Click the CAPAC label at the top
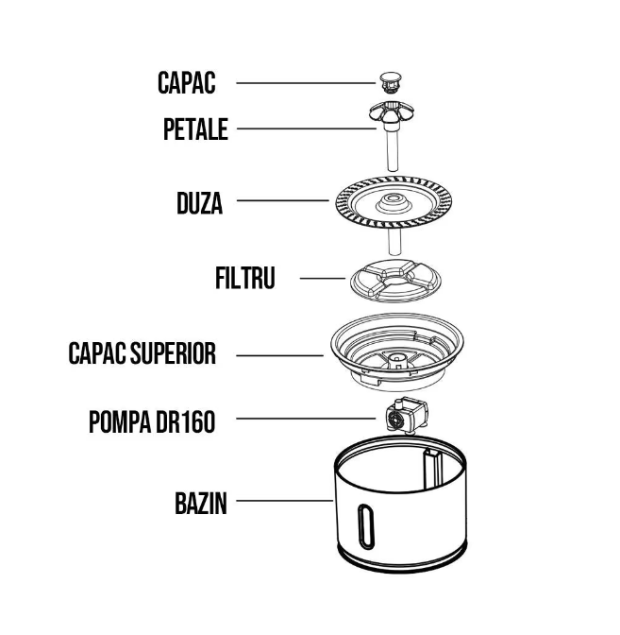tap(187, 83)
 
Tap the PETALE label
tap(195, 129)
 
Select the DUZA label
tap(200, 203)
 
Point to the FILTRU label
tap(245, 278)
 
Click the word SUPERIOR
tap(174, 353)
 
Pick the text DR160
tap(186, 421)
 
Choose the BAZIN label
tap(201, 504)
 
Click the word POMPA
tap(119, 421)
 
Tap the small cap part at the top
tap(391, 82)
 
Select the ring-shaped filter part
tap(395, 281)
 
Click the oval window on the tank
tap(365, 526)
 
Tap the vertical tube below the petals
tap(393, 148)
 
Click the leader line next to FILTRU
tap(323, 278)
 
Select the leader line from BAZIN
tap(285, 501)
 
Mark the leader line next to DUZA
tap(283, 200)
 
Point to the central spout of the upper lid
tap(396, 361)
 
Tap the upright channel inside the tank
tap(433, 469)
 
